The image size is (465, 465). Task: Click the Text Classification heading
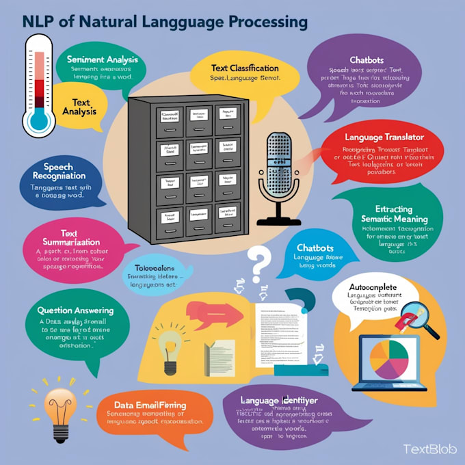point(235,68)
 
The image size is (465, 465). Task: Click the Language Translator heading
point(389,137)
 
